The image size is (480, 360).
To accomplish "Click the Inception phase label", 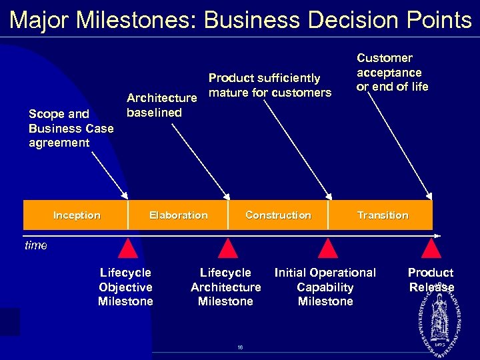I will (77, 215).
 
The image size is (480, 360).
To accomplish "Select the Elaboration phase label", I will (178, 215).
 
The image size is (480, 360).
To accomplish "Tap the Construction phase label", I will (278, 215).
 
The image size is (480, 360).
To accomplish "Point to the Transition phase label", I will (383, 215).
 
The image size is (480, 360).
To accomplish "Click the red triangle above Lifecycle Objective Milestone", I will (127, 248).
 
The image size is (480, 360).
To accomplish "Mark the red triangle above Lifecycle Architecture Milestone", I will (228, 248).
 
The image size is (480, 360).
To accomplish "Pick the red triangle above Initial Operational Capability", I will (327, 248).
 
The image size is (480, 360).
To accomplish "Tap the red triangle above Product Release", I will (432, 248).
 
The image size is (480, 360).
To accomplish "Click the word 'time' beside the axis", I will (36, 245).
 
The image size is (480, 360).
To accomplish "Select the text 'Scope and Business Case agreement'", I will (71, 128).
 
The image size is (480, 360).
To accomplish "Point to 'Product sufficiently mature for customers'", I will (269, 85).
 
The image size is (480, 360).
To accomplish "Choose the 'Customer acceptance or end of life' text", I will (392, 72).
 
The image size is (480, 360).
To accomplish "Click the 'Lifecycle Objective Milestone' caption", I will (125, 287).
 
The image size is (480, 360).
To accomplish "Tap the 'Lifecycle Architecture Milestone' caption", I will (225, 287).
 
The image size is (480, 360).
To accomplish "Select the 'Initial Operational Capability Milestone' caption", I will (325, 287).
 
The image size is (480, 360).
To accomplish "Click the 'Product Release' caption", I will (431, 280).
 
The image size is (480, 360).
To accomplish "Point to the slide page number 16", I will (240, 347).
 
